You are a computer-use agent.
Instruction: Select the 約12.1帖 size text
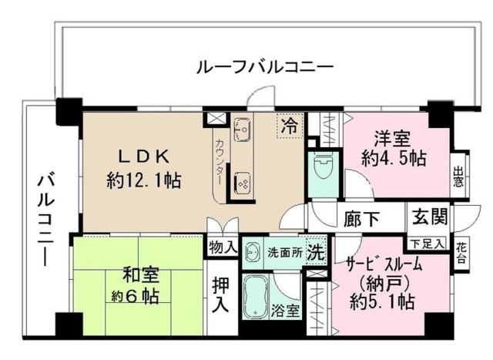point(145,181)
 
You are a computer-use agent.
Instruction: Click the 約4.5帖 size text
point(394,159)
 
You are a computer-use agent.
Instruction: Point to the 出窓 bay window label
point(459,177)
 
